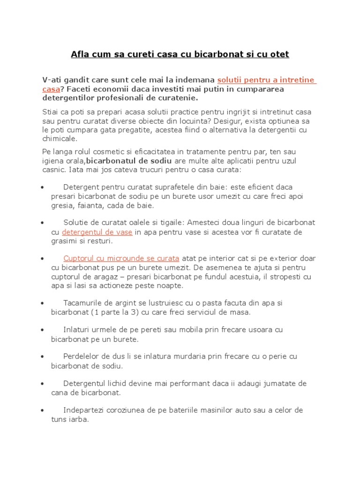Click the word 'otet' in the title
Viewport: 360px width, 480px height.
[x=279, y=54]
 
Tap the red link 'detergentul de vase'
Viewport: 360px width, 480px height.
[x=97, y=232]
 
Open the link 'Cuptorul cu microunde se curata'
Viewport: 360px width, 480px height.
[x=121, y=258]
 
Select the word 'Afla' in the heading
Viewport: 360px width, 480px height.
[x=80, y=54]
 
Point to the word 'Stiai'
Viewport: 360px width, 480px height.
[x=52, y=112]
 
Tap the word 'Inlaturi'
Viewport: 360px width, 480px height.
[x=77, y=330]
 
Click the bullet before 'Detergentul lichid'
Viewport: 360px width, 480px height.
[x=43, y=383]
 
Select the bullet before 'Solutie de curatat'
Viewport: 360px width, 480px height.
[x=43, y=222]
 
